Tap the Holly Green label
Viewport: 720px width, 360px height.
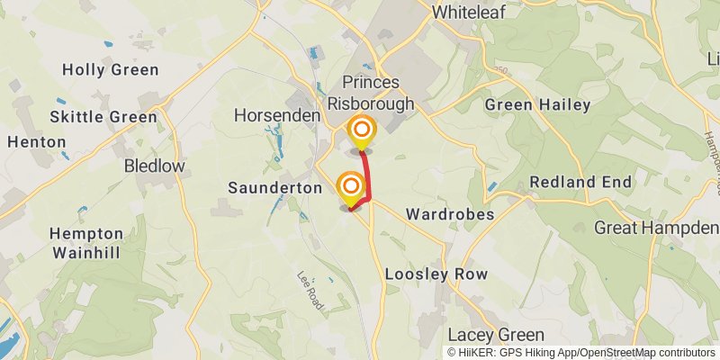[110, 70]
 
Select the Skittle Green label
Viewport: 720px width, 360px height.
[103, 117]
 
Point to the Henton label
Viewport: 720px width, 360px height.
[36, 142]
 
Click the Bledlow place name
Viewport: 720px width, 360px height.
[154, 166]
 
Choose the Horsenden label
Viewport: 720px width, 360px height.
[277, 116]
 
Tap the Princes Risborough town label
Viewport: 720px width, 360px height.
[378, 93]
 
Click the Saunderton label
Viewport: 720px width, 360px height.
[274, 188]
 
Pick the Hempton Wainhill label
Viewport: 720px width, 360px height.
[85, 242]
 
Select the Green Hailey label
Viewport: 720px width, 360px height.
[537, 105]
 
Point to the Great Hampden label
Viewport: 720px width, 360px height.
[656, 228]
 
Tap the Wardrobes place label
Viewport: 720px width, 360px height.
[450, 215]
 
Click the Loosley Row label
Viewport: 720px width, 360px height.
[436, 274]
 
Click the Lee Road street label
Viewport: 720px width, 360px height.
[310, 292]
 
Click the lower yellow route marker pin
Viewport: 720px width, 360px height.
[351, 187]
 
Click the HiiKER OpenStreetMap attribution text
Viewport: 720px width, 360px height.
[581, 352]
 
